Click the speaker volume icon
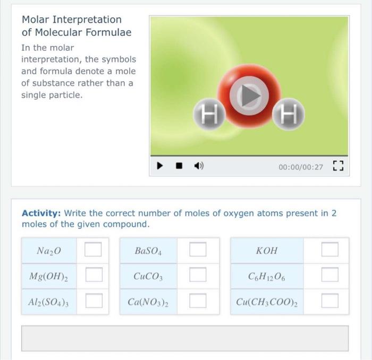[x=199, y=167]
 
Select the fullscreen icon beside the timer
[x=337, y=167]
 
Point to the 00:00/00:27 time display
[x=300, y=167]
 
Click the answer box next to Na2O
[x=94, y=250]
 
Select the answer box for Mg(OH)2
[x=94, y=275]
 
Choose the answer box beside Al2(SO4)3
[x=94, y=301]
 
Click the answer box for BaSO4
[x=198, y=250]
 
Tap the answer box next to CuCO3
[x=198, y=275]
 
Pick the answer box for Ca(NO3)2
[x=198, y=301]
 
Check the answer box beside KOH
[x=329, y=250]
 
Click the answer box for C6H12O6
[x=329, y=275]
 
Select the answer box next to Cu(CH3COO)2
[x=329, y=301]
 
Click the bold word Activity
[x=41, y=213]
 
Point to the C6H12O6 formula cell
[x=267, y=276]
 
